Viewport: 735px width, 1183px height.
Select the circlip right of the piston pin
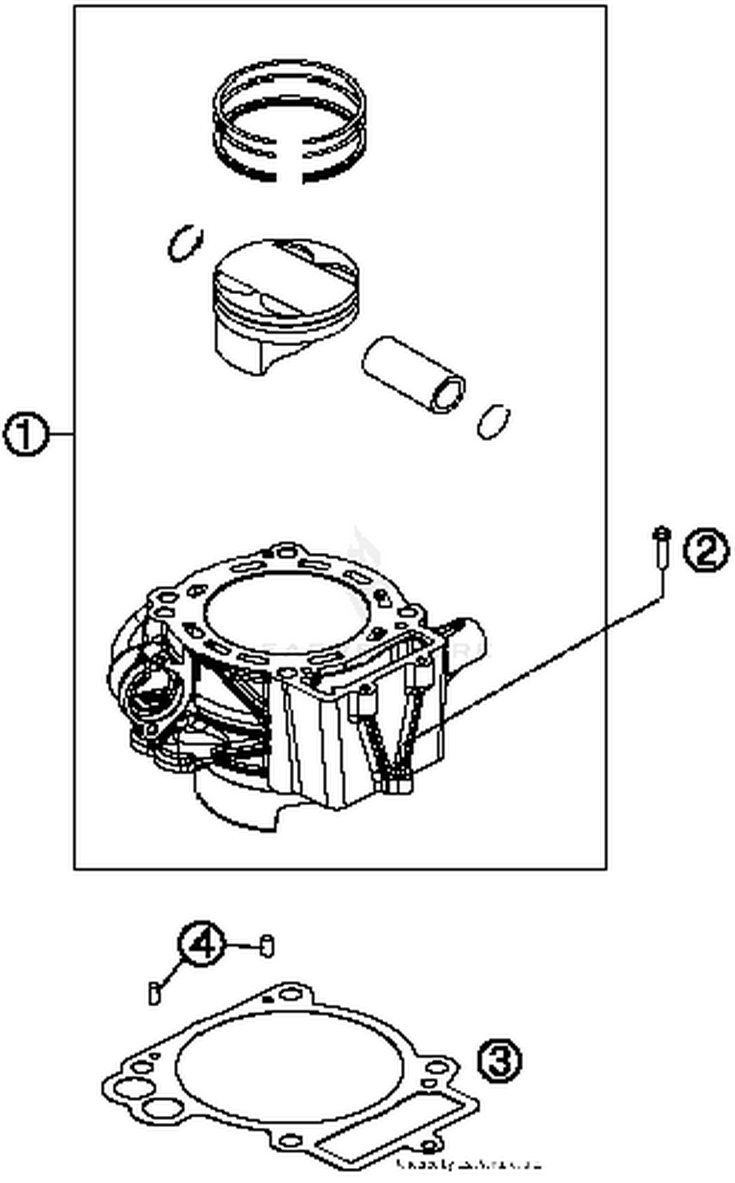point(493,421)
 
